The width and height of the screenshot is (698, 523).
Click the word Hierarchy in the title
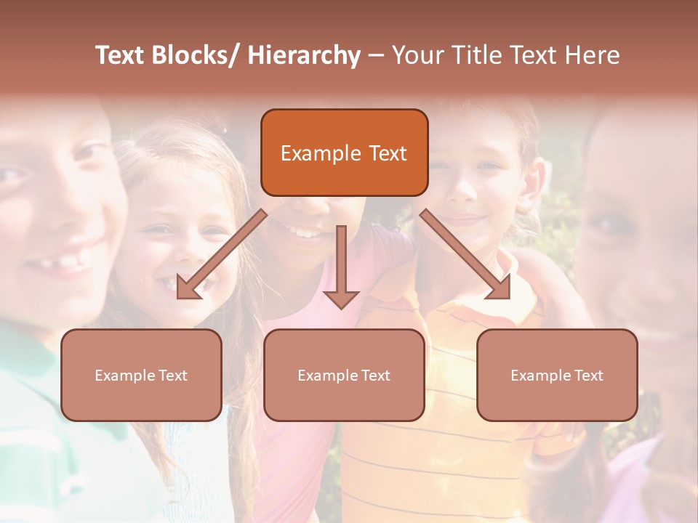pos(304,55)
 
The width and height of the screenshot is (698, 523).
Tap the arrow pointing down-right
pos(465,254)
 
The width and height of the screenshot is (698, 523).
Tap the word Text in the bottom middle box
pos(375,376)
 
